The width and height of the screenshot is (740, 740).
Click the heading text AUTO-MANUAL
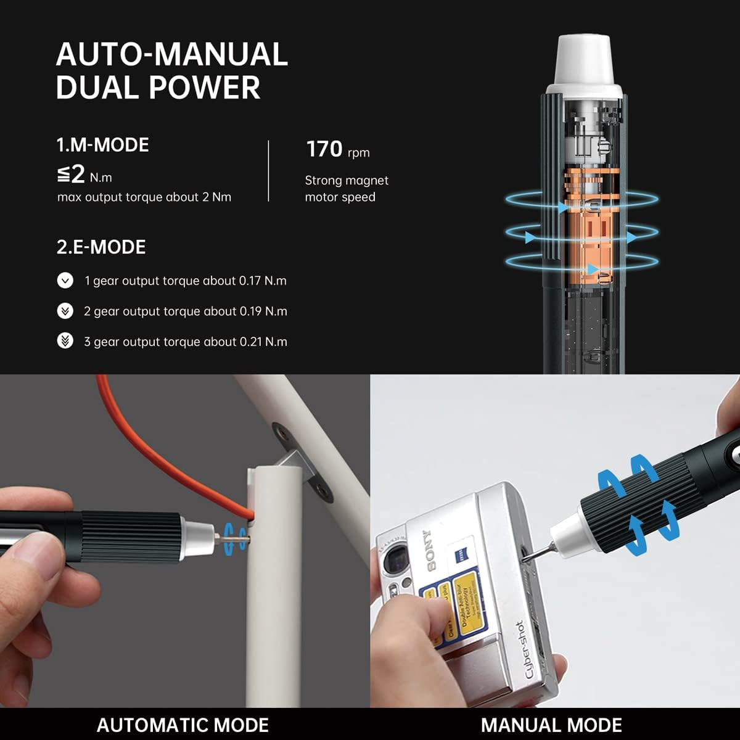[x=172, y=54]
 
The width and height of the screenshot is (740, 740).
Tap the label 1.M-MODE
[x=102, y=145]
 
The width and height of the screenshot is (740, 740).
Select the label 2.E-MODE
[x=101, y=247]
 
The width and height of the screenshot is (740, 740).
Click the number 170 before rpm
[x=324, y=149]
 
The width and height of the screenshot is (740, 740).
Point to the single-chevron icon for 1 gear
[x=65, y=281]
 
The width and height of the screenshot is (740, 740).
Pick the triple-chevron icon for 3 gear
[x=65, y=341]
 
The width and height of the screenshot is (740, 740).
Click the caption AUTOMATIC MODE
[x=183, y=725]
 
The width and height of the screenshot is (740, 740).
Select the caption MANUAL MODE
[x=551, y=725]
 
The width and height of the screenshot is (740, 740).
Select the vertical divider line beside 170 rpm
[x=269, y=171]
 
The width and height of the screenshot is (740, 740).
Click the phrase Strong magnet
[x=347, y=180]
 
